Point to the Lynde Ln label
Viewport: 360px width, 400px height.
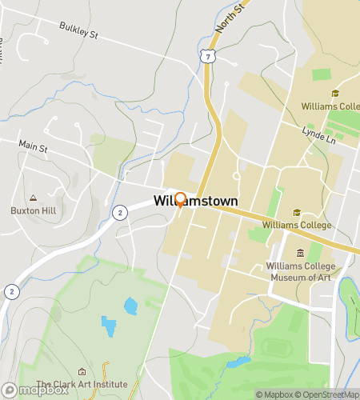pos(317,130)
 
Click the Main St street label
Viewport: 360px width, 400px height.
pos(34,147)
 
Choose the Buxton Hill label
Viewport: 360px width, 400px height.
pos(32,211)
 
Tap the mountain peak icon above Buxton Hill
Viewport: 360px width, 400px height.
pos(33,198)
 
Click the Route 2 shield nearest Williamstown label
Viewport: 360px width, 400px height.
pos(119,212)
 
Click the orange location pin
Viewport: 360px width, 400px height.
pos(181,200)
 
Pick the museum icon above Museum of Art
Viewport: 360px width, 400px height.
pos(300,254)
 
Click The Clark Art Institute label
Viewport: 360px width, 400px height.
pos(82,385)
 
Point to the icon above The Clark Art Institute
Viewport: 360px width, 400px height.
pos(82,372)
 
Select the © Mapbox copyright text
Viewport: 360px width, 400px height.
pos(274,394)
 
